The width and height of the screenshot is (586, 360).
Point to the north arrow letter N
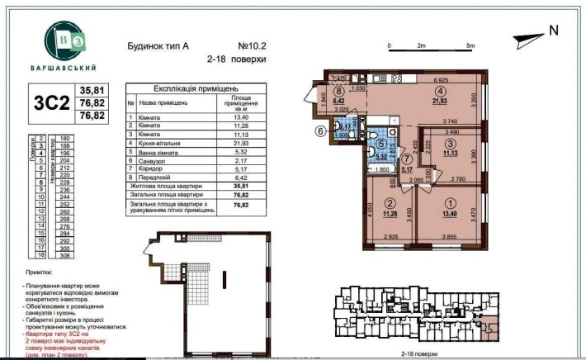(553, 31)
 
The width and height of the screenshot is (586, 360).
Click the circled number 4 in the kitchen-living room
(442, 91)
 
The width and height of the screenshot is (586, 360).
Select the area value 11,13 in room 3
(451, 154)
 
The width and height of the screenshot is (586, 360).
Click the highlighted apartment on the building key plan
(493, 328)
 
